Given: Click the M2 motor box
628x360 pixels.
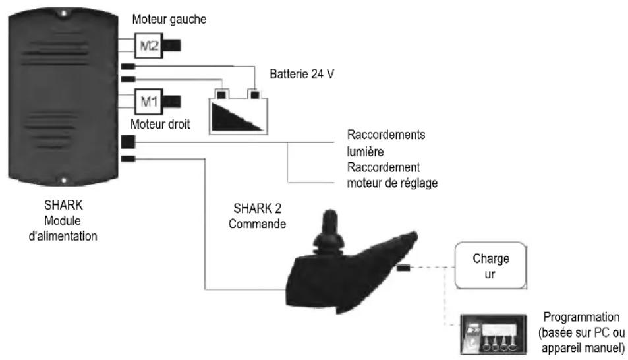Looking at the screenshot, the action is click(x=148, y=45).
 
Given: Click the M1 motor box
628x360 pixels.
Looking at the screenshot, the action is click(x=148, y=102).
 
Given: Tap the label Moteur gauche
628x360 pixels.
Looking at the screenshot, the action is click(x=169, y=19).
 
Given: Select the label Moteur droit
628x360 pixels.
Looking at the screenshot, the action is click(x=160, y=124).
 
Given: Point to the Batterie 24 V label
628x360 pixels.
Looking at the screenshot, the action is click(x=302, y=74).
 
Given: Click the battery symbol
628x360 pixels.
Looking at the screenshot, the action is click(x=239, y=112).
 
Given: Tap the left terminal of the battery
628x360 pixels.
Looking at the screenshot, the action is click(x=221, y=94).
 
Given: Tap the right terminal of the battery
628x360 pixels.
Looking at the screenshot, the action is click(x=254, y=94).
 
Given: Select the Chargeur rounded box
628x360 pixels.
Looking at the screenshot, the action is click(x=491, y=266).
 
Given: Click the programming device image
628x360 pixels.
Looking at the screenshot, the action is click(x=493, y=334).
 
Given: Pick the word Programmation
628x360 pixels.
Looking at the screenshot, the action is click(x=581, y=317).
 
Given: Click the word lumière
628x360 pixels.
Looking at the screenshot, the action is click(x=365, y=152).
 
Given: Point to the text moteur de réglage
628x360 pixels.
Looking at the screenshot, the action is click(x=392, y=183).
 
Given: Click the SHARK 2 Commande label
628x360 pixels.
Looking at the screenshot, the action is click(x=257, y=216).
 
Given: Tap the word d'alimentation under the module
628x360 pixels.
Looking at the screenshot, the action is click(x=63, y=236).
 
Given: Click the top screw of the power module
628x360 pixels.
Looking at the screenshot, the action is click(x=63, y=14).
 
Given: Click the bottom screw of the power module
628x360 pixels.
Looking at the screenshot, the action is click(x=63, y=181).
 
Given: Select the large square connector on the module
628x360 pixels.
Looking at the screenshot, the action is click(x=128, y=142).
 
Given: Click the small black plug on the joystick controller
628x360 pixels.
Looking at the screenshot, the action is click(x=403, y=268).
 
